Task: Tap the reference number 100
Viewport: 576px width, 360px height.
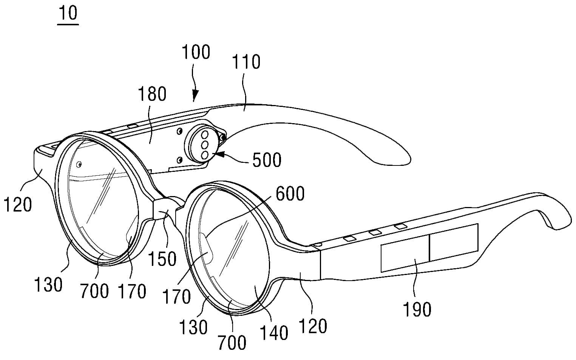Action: [196, 52]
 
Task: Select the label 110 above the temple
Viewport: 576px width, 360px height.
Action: [246, 62]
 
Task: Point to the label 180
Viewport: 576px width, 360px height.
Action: [152, 94]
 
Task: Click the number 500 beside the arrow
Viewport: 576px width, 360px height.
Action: [267, 160]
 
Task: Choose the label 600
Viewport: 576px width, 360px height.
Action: [290, 194]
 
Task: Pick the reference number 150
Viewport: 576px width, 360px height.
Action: [162, 259]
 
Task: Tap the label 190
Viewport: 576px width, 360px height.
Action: [417, 310]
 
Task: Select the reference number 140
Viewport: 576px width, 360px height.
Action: [274, 334]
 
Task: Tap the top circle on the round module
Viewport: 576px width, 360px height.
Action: [205, 134]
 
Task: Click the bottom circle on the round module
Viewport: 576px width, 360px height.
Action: [205, 155]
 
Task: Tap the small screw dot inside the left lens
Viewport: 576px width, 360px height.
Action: [80, 164]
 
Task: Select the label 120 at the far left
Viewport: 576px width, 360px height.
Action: [17, 205]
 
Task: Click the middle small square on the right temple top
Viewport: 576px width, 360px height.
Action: [375, 233]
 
